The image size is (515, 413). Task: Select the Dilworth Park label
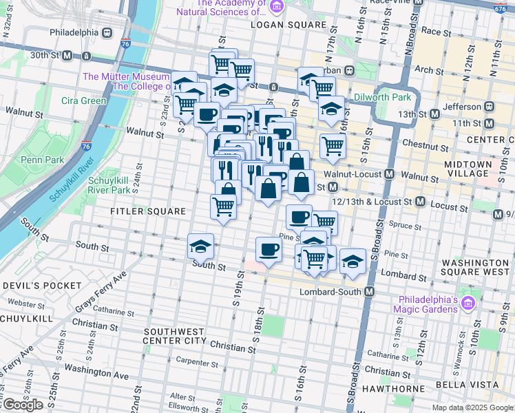382,98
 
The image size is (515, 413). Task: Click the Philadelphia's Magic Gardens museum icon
468,303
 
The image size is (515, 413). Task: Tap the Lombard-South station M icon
369,292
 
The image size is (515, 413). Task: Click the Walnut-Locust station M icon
389,175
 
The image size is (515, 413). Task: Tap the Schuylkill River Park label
109,184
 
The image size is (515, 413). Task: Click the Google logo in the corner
22,405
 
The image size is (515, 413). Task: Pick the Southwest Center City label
175,335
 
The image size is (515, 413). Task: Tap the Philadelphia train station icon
107,32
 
